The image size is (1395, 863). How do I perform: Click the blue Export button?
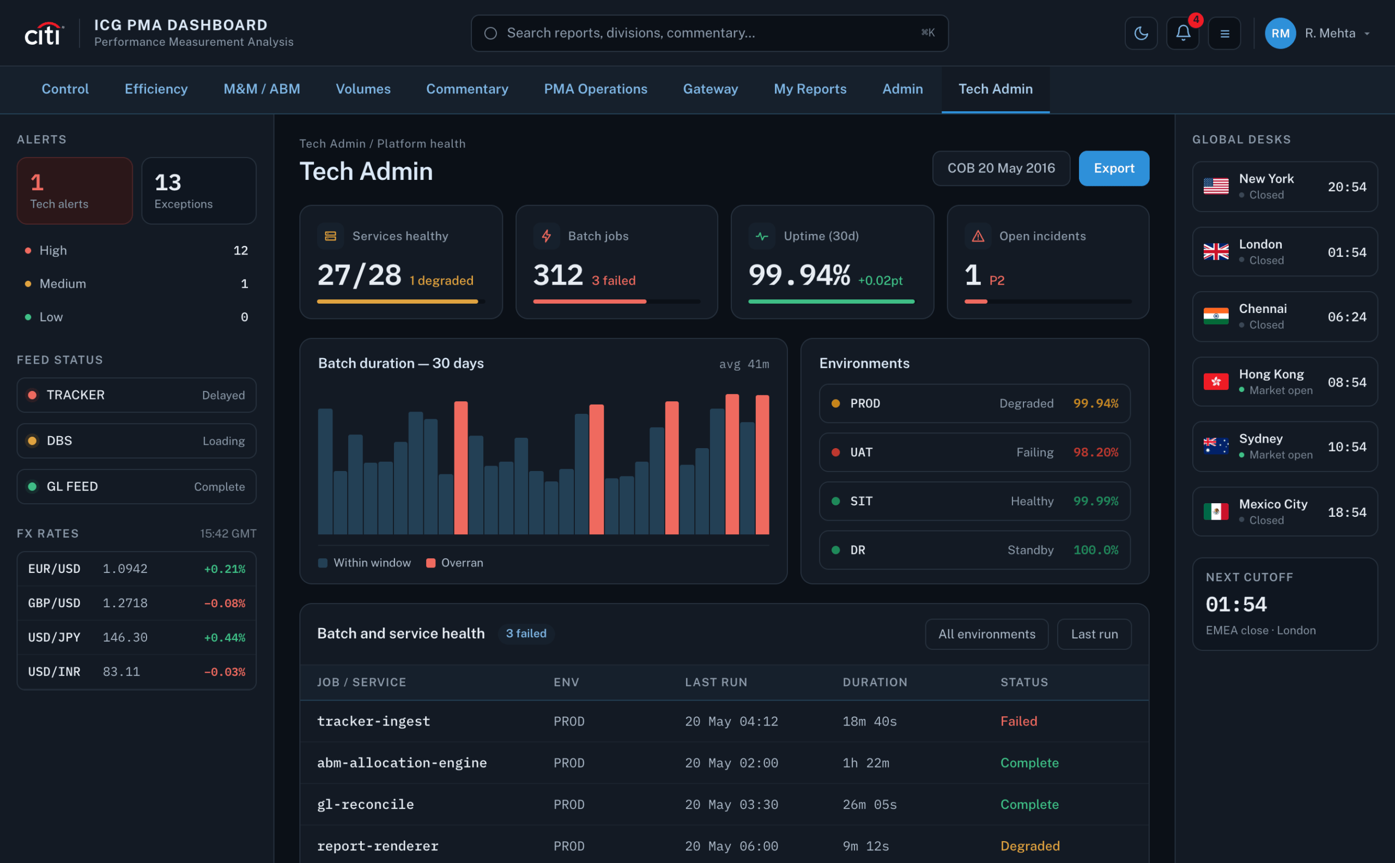coord(1114,168)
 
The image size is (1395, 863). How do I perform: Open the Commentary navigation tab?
coord(466,89)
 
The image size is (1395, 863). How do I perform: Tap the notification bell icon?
coord(1183,33)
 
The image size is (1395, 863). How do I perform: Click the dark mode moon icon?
coord(1141,33)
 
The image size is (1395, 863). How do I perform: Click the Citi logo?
coord(44,34)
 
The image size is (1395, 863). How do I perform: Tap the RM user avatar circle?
coord(1281,33)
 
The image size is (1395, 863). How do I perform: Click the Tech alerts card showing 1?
coord(75,191)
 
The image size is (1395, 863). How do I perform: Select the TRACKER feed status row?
coord(136,395)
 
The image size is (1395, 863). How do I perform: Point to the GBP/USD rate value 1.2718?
coord(125,604)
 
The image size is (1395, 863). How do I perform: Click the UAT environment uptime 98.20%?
coord(1095,452)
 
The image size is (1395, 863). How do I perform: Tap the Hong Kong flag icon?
coord(1216,381)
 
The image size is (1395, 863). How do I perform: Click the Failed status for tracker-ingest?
coord(1018,721)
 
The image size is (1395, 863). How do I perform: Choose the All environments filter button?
coord(986,634)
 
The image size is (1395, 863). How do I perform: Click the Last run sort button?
coord(1094,634)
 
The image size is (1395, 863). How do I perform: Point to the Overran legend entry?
coord(454,563)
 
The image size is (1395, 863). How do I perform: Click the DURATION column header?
coord(875,682)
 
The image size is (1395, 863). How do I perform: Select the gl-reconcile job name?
coord(366,804)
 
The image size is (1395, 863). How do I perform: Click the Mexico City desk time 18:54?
coord(1347,512)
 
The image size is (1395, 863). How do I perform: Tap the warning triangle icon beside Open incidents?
coord(978,236)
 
